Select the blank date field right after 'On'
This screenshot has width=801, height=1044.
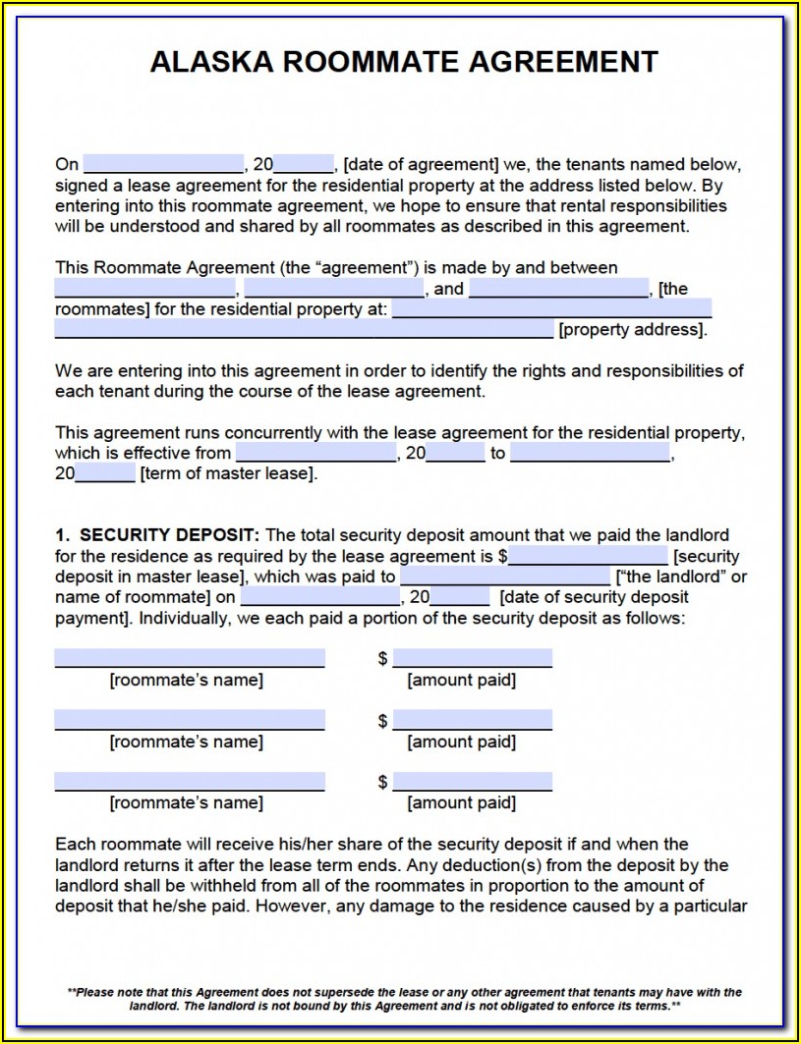click(x=163, y=164)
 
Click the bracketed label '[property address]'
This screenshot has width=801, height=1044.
click(x=632, y=330)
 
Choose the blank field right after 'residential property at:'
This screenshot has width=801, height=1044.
click(x=551, y=309)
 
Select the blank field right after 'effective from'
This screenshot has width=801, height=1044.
click(x=315, y=453)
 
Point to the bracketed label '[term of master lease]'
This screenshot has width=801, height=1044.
click(x=229, y=473)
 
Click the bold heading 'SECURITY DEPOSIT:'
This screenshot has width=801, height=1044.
click(x=169, y=535)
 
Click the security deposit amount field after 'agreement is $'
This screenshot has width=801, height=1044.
click(x=588, y=556)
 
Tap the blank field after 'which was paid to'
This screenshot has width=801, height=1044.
click(x=504, y=577)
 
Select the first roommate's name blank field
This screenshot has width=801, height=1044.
click(x=190, y=658)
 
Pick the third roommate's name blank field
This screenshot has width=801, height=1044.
click(x=190, y=782)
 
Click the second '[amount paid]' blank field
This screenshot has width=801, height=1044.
click(x=472, y=720)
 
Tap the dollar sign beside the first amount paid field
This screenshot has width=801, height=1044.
click(x=382, y=659)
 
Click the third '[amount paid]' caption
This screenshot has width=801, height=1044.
click(x=461, y=803)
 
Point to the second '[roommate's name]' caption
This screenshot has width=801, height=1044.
click(x=187, y=742)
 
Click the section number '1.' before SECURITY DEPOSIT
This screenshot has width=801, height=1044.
click(x=62, y=535)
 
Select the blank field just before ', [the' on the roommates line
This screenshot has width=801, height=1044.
click(x=558, y=289)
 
